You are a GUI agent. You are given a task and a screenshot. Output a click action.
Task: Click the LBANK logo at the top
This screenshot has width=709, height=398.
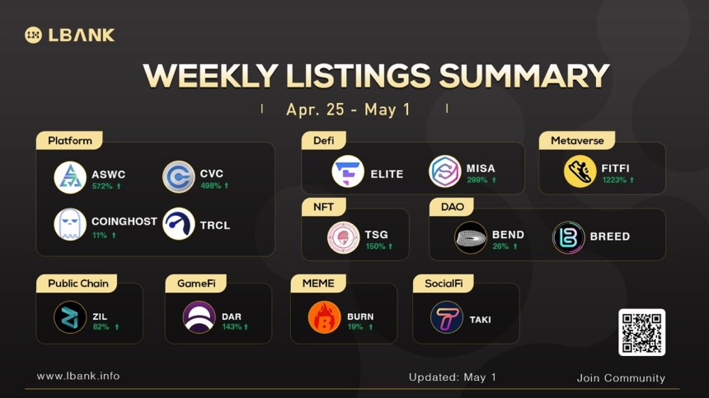coord(69,35)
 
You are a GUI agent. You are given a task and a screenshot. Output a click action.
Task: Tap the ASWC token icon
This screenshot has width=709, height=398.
coord(70,177)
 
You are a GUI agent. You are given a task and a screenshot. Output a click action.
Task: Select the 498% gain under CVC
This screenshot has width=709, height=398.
coord(211,185)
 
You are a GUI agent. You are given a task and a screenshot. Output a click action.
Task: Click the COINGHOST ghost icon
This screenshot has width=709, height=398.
coord(70,224)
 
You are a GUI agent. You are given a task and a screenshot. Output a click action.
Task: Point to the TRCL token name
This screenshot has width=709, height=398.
coord(215,225)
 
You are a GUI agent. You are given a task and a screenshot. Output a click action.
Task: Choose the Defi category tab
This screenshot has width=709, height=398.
coord(324,141)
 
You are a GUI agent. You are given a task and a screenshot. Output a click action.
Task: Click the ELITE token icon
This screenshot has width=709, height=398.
coord(348,171)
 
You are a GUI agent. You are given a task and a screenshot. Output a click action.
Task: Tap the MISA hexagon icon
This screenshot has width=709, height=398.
coord(445,171)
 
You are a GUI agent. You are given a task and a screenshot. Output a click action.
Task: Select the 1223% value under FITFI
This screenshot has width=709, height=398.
coord(614,180)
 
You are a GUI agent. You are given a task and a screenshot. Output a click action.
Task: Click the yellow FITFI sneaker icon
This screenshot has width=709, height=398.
coord(580,171)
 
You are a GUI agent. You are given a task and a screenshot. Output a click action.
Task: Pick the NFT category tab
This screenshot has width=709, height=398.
coord(324,207)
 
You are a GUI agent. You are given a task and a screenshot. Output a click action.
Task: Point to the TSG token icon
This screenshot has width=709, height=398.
coord(344,237)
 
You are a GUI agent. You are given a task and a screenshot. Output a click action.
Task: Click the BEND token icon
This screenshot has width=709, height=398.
coord(471,237)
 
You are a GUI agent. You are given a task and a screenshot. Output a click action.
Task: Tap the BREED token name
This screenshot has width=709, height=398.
coord(609,236)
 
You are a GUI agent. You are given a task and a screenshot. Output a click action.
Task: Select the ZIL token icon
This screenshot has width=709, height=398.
coord(70,317)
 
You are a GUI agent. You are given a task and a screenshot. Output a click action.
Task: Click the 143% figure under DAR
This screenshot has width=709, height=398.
coord(232,326)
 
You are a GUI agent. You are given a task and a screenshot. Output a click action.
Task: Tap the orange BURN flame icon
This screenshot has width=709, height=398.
coord(324,317)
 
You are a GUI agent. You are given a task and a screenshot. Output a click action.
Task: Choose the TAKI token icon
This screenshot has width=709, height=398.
coord(447,317)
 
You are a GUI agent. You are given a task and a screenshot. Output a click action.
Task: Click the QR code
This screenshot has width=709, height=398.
coord(641,333)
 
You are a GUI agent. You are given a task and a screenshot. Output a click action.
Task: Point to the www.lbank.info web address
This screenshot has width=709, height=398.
coord(78,376)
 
